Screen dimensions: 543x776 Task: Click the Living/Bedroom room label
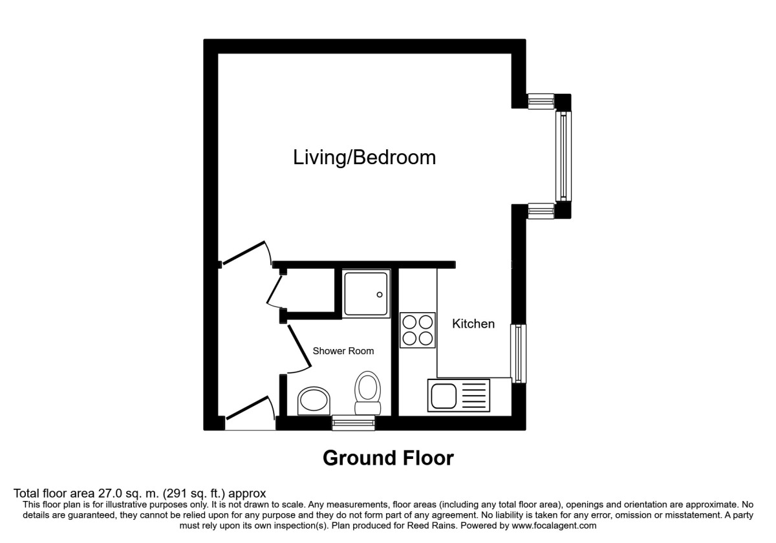click(x=365, y=157)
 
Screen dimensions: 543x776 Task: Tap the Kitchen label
click(x=473, y=324)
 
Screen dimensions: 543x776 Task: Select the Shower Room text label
click(x=343, y=351)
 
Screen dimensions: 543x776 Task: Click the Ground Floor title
click(x=388, y=458)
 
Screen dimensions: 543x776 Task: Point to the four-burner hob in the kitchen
click(x=417, y=330)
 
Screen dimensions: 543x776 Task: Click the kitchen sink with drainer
click(x=458, y=395)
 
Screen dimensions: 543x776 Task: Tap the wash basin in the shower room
click(x=314, y=401)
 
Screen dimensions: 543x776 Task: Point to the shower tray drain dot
click(x=380, y=295)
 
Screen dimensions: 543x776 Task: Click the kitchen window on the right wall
click(x=519, y=354)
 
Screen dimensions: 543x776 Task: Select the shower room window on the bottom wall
click(x=354, y=423)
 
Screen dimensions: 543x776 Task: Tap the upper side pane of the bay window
click(x=541, y=101)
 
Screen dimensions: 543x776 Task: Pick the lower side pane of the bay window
click(x=541, y=211)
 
